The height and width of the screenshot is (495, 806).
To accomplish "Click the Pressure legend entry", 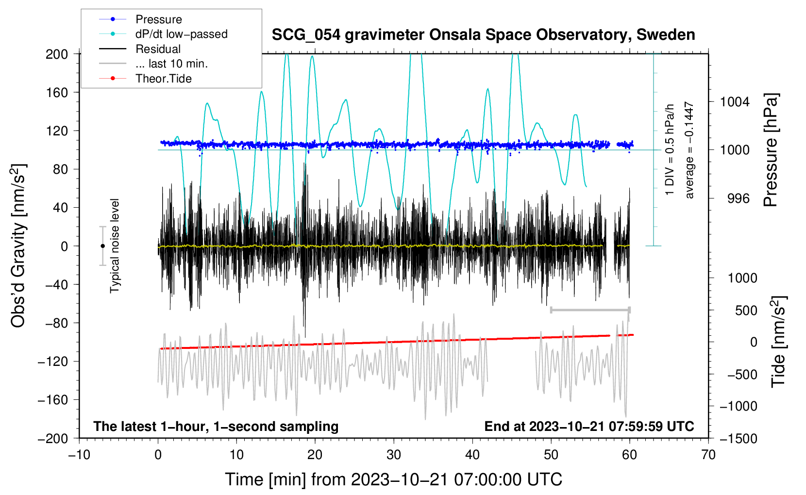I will pos(158,19).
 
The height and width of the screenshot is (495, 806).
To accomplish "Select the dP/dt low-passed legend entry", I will pos(181,34).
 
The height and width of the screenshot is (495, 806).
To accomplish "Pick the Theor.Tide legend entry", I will pos(163,79).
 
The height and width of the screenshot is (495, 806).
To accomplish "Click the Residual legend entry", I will pos(158,49).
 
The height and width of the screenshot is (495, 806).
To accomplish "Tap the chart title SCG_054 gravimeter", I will pos(483,35).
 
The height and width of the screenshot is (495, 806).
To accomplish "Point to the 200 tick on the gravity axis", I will pos(57,54).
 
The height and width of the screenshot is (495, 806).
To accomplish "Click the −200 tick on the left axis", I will pos(53,438).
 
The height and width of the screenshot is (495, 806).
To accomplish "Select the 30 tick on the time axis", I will pos(394,455).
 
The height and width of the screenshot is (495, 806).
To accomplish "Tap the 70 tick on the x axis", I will pos(708,455).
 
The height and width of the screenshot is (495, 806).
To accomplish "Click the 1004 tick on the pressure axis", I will pos(735,102).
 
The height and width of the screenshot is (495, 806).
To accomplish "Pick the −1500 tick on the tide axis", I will pos(738,438).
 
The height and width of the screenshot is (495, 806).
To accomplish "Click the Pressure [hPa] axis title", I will pos(771,150).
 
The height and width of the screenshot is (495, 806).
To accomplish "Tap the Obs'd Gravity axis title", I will pos(18,246).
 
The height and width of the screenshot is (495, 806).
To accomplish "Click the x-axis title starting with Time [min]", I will pos(394,479).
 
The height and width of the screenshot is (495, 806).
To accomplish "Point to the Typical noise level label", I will pos(115,246).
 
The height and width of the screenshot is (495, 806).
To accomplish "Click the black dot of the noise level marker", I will pos(102,246).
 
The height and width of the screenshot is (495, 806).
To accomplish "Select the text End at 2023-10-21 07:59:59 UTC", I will pos(589,426).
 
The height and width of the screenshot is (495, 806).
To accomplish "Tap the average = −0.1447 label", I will pos(689,150).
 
